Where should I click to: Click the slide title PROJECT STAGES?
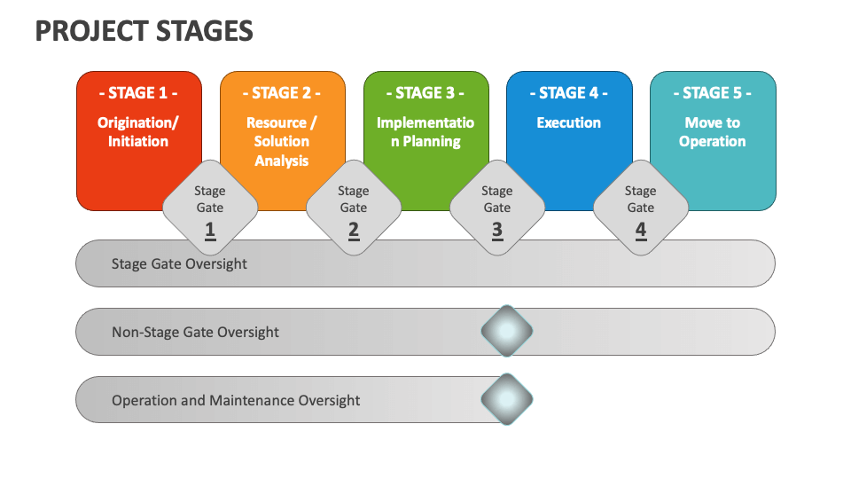pos(144,31)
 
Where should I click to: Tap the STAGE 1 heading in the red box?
pos(138,93)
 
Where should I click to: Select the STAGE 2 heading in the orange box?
pos(282,93)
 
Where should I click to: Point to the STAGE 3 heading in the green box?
pos(425,93)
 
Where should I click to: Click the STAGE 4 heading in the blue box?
pos(569,93)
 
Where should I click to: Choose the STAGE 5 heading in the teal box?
pos(713,93)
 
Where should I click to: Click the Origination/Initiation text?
pos(138,132)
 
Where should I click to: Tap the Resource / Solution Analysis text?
pos(282,141)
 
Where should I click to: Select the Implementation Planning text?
pos(425,132)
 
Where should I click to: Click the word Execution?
pos(569,123)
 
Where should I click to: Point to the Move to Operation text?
pos(713,132)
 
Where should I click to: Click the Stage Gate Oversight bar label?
pos(179,263)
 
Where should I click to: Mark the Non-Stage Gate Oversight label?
pos(195,332)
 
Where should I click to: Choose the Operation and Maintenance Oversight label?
pos(236,400)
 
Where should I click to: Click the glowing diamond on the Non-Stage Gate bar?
pos(507,332)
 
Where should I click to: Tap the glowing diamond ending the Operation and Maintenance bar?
pos(507,400)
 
